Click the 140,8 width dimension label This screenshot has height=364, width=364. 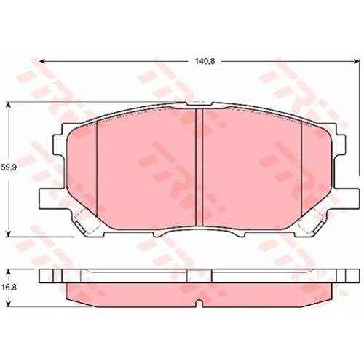point(205,61)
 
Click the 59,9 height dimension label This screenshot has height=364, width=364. point(9,167)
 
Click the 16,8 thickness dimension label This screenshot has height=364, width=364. point(9,288)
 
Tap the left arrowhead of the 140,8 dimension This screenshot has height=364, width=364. point(42,62)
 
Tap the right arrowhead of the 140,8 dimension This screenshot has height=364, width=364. point(356,62)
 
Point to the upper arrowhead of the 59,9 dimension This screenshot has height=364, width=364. point(9,105)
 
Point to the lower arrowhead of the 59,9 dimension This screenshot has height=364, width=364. point(9,234)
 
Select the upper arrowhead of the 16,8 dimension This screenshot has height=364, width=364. point(9,272)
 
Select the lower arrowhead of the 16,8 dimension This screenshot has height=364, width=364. point(9,304)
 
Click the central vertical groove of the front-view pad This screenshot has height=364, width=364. point(199,167)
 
